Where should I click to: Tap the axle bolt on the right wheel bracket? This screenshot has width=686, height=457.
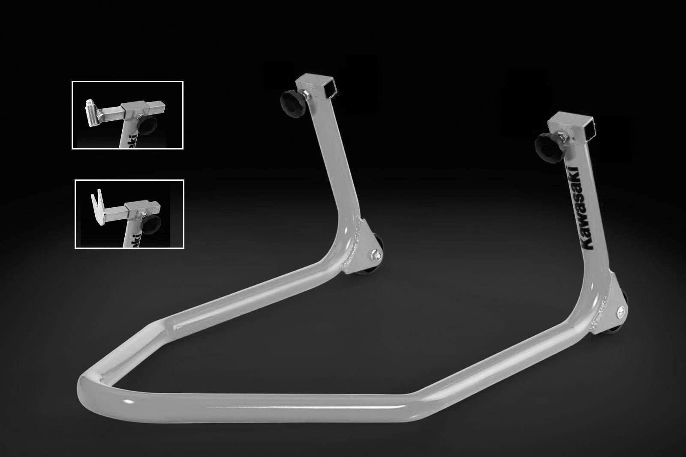[621, 311]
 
